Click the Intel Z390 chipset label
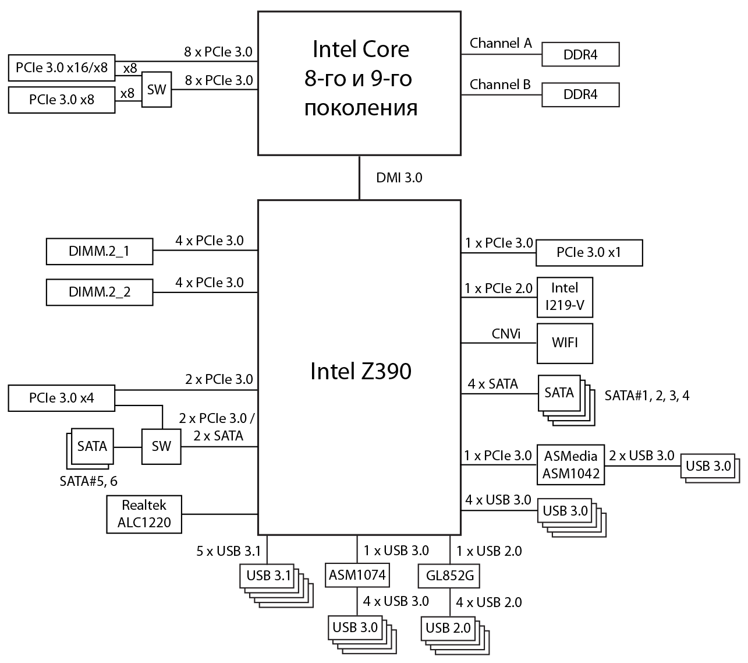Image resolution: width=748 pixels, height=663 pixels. click(360, 371)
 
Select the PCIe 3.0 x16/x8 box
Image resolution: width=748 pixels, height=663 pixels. click(61, 68)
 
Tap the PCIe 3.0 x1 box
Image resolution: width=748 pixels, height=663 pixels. click(589, 252)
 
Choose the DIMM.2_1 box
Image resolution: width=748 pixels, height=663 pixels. click(99, 252)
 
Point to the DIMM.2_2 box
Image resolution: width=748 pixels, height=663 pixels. click(99, 292)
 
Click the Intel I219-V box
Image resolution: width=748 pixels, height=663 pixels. click(565, 296)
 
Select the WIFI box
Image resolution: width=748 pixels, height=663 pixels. click(565, 343)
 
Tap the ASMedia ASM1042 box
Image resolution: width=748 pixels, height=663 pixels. click(570, 464)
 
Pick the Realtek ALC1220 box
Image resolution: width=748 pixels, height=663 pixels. click(144, 513)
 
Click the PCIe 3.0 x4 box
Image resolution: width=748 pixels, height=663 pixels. click(61, 398)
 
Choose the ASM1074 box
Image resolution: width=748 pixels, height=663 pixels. click(357, 575)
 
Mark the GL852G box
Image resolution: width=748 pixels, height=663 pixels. click(450, 576)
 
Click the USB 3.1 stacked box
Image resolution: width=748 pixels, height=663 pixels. click(268, 576)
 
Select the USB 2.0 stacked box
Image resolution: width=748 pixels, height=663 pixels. click(448, 628)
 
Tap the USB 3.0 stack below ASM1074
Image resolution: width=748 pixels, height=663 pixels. click(354, 627)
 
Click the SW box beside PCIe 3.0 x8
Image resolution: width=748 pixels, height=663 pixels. click(156, 90)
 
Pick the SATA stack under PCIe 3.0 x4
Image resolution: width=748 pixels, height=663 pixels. click(91, 446)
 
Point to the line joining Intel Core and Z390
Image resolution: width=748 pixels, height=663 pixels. click(359, 177)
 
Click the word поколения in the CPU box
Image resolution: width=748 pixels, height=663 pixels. click(360, 108)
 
